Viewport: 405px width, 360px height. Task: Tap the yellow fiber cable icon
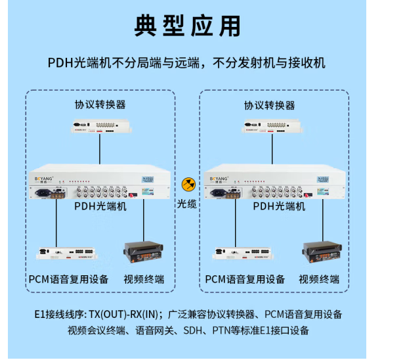click(x=188, y=185)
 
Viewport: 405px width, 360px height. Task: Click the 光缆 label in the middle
click(x=187, y=204)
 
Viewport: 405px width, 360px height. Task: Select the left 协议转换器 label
click(x=100, y=104)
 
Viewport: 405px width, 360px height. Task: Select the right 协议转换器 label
click(x=270, y=105)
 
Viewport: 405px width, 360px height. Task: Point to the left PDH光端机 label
click(x=100, y=206)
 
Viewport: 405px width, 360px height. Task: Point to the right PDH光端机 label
click(x=279, y=206)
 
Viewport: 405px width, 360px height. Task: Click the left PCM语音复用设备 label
click(x=68, y=279)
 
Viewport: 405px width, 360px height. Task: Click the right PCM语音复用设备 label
click(x=245, y=279)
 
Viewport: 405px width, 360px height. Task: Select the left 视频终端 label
click(x=144, y=279)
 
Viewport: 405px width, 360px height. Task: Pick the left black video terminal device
click(x=144, y=252)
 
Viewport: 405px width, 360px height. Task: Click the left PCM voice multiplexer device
click(x=66, y=253)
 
